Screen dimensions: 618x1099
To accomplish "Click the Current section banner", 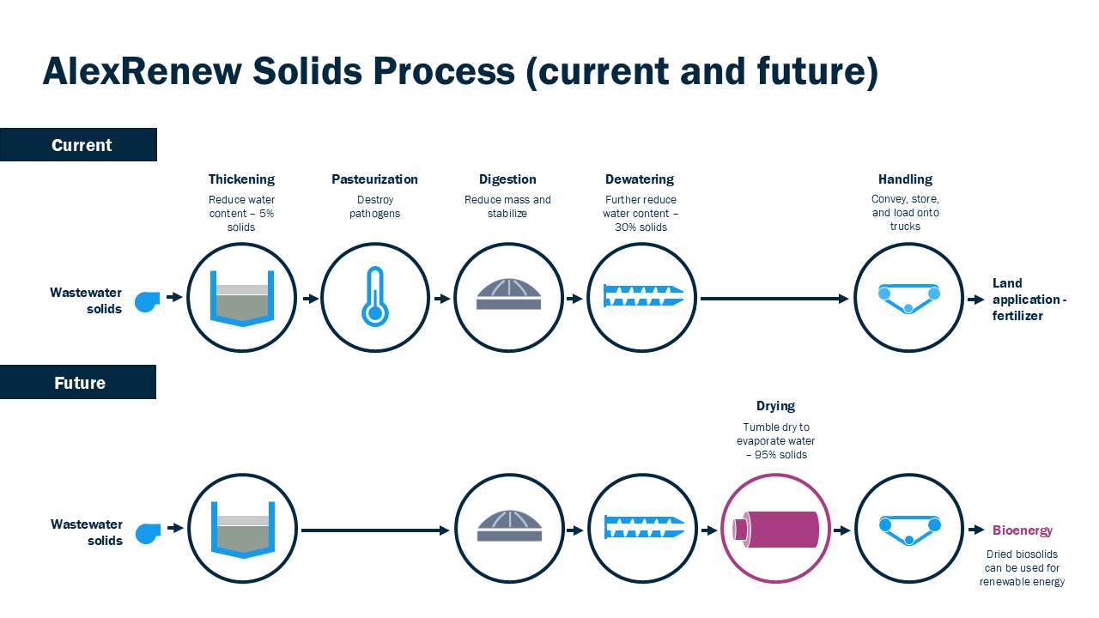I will (x=78, y=145).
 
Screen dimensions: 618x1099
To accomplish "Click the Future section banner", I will (x=78, y=382).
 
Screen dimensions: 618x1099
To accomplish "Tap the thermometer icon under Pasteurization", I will (x=373, y=297).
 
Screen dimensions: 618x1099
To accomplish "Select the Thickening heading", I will (x=241, y=179).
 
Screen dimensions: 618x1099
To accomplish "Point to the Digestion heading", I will (x=507, y=179).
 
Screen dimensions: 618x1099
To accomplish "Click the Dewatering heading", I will (x=640, y=179).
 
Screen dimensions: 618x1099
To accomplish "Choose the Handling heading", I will (x=905, y=179).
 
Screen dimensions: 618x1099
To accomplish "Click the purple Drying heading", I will (x=775, y=406).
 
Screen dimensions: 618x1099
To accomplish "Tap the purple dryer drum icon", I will (x=775, y=528).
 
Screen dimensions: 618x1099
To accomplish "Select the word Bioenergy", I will (x=1022, y=530).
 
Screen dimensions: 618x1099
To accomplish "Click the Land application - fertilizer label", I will (x=1029, y=299).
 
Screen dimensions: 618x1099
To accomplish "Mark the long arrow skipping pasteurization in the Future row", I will (x=375, y=530).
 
